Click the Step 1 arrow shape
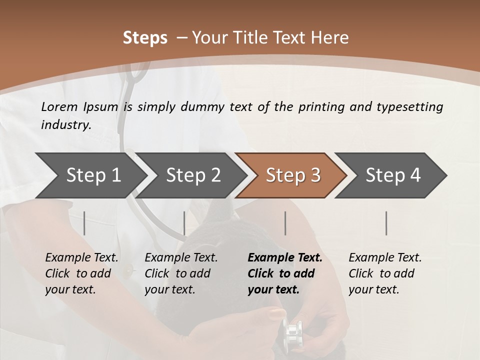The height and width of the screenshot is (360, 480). pos(93,175)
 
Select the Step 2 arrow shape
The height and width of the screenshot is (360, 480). pos(193,175)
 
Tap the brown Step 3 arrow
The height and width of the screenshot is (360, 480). pos(293,175)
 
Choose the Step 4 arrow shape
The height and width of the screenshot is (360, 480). pos(393,175)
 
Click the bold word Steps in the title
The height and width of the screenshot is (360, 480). pos(145,38)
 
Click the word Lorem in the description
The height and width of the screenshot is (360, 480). pos(59,106)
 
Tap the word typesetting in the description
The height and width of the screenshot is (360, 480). pos(409,107)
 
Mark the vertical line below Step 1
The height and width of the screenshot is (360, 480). pos(84,223)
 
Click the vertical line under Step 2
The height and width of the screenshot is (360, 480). pos(184,223)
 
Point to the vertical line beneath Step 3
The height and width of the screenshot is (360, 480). pos(285,223)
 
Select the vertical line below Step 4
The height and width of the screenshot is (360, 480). pos(386,223)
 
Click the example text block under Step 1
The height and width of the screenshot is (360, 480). pos(81,273)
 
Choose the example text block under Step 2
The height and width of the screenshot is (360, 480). pos(181,273)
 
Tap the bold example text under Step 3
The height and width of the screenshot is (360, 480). pos(285,273)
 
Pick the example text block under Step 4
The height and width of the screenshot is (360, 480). pos(385,273)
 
